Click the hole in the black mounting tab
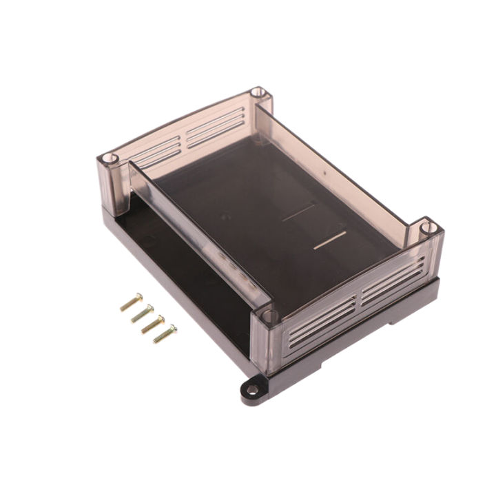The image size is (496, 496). point(252,390)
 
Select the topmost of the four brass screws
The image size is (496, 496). point(131,302)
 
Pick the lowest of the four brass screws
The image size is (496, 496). point(165,334)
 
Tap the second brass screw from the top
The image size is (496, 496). point(142,313)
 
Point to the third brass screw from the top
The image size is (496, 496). point(153,324)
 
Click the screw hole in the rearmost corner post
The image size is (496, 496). point(258,92)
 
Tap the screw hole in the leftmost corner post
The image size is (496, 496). point(107,159)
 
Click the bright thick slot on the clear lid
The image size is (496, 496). point(329,240)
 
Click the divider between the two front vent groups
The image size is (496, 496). point(359,298)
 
